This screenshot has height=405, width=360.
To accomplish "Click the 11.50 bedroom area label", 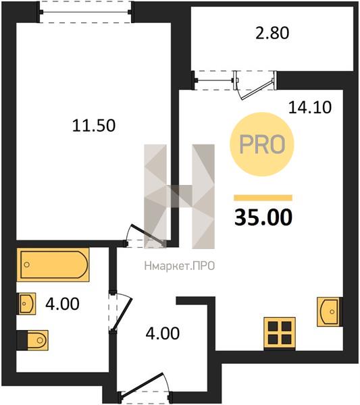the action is [x=94, y=126].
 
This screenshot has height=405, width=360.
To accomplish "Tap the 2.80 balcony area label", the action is [x=272, y=33].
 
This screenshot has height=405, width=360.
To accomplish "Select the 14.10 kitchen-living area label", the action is [x=309, y=107].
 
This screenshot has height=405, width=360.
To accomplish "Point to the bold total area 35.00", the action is [x=263, y=217].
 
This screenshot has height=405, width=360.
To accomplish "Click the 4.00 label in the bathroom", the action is [x=62, y=304].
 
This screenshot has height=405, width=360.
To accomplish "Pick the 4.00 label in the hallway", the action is [x=163, y=333].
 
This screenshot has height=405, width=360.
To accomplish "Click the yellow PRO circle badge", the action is [x=262, y=144].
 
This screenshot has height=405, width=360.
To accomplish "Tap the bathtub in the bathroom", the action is [x=53, y=265].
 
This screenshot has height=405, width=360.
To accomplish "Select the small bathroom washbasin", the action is [x=26, y=304].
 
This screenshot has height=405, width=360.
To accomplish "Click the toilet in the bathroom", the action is [x=32, y=340].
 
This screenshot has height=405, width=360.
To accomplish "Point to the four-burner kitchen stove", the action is [x=280, y=333].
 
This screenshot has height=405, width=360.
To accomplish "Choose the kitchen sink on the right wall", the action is [x=330, y=311].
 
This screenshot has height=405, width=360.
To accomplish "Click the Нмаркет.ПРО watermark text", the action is [x=180, y=266].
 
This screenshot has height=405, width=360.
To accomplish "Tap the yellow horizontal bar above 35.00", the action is [x=263, y=198].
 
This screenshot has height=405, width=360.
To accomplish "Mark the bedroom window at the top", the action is [x=86, y=12].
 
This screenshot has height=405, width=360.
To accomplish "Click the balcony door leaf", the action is [x=257, y=90].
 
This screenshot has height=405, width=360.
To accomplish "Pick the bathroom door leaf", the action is [x=122, y=315].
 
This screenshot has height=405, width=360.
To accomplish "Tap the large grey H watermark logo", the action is [x=180, y=196].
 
